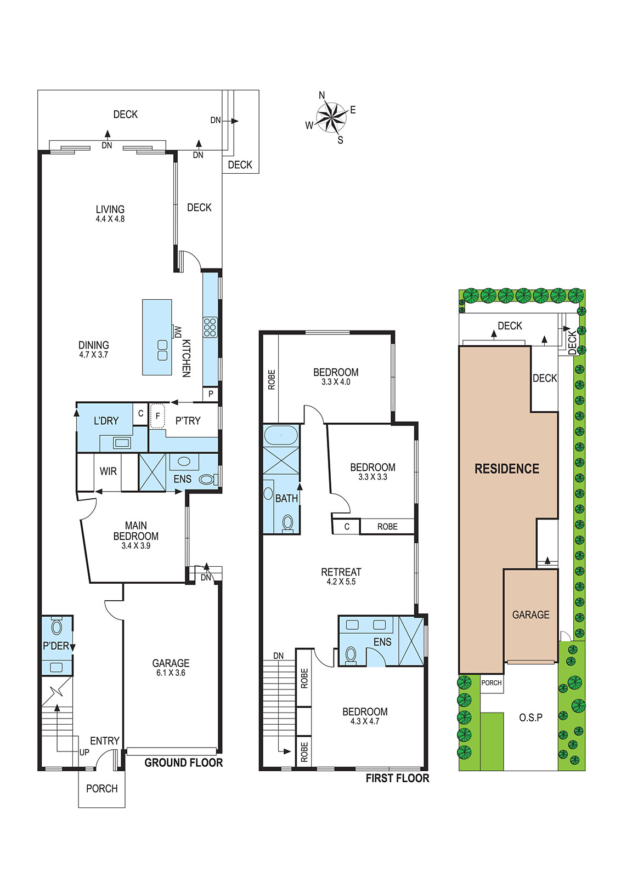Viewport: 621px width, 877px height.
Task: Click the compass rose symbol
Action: [332, 117]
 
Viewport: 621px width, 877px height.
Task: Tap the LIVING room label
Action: [110, 209]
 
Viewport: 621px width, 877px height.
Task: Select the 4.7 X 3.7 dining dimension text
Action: [94, 355]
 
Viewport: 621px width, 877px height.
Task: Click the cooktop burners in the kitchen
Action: [210, 327]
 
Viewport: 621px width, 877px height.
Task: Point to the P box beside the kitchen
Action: [211, 394]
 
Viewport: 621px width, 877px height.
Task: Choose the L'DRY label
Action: [106, 421]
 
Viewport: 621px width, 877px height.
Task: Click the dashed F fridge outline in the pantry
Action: [157, 416]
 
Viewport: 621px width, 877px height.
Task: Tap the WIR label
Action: [108, 471]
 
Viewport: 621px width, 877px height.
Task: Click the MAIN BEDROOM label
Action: [136, 531]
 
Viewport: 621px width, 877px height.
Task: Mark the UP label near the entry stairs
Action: [84, 752]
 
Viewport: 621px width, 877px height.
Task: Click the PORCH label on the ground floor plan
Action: [102, 789]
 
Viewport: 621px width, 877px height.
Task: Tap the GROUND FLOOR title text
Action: [184, 762]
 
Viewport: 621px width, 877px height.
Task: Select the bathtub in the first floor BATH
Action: [281, 435]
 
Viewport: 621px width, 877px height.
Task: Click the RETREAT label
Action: [341, 572]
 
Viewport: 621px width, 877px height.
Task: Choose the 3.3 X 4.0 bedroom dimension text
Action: [336, 381]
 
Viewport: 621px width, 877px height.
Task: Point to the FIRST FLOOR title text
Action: [398, 778]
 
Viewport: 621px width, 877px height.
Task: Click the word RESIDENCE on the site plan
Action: [507, 469]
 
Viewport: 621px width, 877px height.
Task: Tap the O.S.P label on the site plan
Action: [531, 717]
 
